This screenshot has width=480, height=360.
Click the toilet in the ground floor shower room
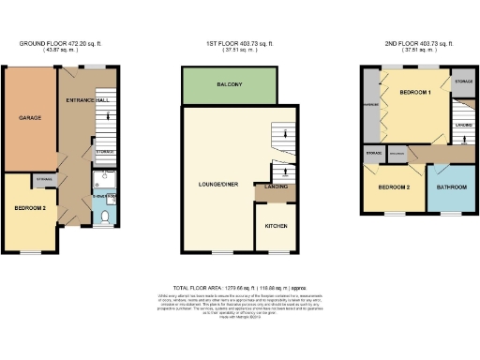(x=105, y=217)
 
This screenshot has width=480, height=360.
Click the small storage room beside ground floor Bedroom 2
(x=43, y=178)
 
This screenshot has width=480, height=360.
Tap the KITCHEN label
(x=276, y=227)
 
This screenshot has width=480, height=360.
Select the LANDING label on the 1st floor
(x=276, y=191)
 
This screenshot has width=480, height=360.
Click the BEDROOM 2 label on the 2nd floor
(x=393, y=187)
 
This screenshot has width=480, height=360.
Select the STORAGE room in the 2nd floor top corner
(x=462, y=82)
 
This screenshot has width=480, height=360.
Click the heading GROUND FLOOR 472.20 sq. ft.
(x=60, y=43)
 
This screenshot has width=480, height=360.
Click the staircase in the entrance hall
(x=104, y=117)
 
